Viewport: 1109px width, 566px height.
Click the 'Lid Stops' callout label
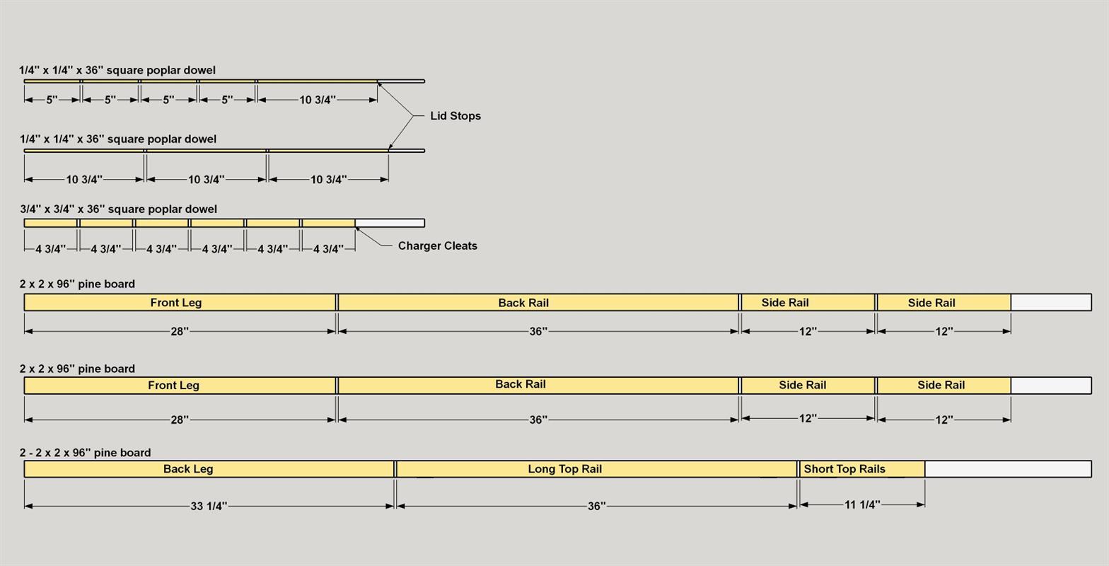point(455,116)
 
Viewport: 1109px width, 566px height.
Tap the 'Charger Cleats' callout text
point(438,246)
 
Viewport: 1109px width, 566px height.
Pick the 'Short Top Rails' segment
point(862,469)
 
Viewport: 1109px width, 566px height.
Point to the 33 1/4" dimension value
point(209,506)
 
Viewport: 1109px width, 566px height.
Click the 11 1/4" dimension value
point(862,504)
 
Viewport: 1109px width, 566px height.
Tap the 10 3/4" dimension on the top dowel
point(318,100)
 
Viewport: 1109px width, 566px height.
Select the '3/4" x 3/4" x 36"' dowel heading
point(118,209)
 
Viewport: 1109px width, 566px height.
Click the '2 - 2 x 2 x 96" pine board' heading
point(85,453)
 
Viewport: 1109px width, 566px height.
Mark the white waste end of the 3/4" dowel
point(390,223)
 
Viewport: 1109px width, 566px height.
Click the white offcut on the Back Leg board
point(1008,469)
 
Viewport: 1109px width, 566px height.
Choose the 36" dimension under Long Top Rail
point(597,506)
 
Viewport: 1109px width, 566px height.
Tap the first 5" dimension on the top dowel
point(52,100)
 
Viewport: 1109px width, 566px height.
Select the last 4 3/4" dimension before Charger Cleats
point(328,249)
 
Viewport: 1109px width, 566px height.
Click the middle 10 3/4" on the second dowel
point(206,179)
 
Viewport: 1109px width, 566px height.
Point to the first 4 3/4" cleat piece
point(50,223)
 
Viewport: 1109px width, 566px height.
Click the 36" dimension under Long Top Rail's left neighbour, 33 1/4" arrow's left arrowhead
point(28,506)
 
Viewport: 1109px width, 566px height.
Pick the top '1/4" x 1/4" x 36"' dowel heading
point(117,70)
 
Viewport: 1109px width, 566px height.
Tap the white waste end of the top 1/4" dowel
point(401,81)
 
